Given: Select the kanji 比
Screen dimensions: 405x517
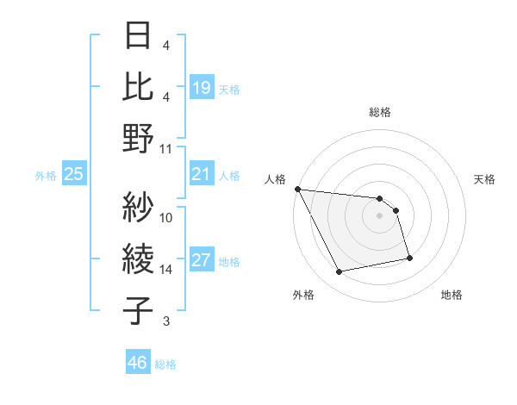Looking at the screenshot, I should point(139,86).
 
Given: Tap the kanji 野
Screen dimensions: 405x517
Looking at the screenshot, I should point(139,138).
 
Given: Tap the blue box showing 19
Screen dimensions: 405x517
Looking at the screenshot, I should point(202,87).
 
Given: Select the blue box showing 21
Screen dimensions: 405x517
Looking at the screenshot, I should point(202,174).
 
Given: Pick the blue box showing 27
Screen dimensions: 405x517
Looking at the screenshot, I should point(202,261).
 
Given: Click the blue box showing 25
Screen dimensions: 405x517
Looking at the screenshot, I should point(74,174).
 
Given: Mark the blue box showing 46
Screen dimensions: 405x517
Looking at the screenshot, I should point(138,363).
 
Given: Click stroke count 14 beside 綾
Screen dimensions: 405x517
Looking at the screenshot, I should point(166,270).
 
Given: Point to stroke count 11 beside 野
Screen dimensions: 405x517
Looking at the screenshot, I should point(166,148).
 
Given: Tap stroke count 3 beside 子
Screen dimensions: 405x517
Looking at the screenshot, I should point(166,321).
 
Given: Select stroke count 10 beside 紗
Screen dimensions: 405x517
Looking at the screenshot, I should point(166,217).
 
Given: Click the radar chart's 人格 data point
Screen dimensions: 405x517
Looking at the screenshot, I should point(297,189).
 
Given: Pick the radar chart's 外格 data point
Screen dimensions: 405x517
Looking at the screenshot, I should point(339,272).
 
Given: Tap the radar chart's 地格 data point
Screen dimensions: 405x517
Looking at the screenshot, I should point(409,258).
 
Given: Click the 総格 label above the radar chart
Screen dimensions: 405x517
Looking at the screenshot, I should point(380,112).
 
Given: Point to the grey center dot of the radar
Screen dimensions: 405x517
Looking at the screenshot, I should point(380,215).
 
